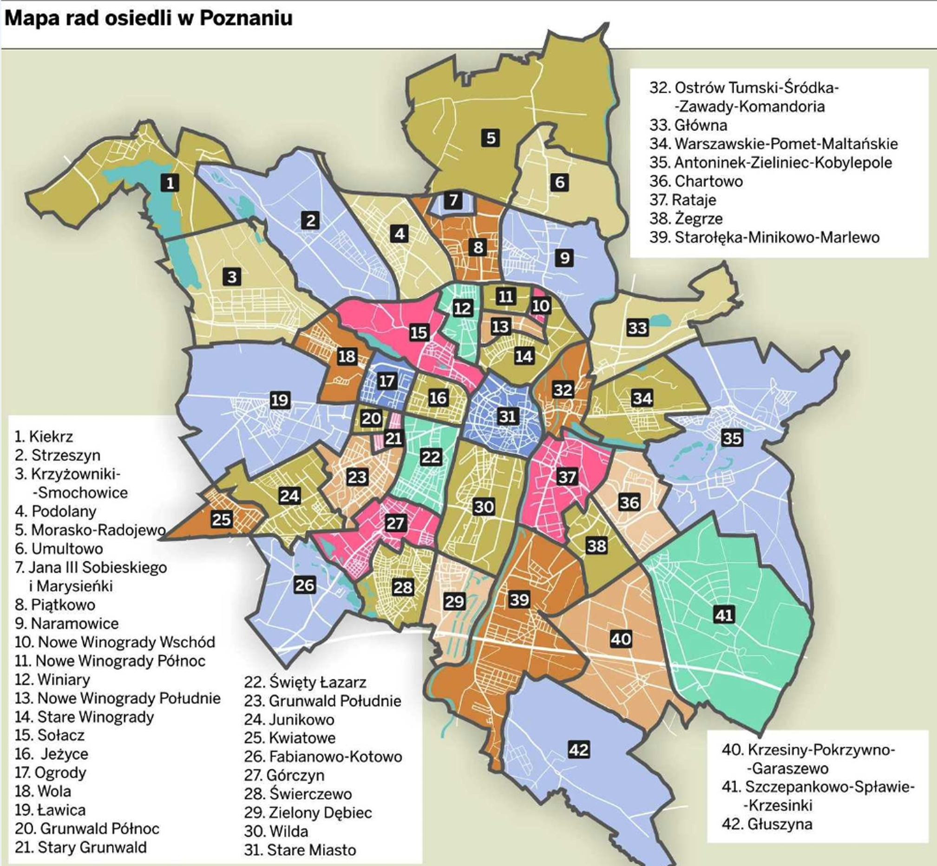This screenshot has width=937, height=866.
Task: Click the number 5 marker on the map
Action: (x=491, y=138)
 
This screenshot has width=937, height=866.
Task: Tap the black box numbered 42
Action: (x=578, y=749)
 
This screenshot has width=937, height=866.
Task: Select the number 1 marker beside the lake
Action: (x=170, y=182)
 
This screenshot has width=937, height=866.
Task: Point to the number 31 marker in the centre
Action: (x=507, y=416)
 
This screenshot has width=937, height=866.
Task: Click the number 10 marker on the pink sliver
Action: (x=541, y=306)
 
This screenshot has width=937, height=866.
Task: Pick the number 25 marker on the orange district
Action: (x=221, y=519)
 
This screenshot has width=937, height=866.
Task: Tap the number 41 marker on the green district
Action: (x=724, y=614)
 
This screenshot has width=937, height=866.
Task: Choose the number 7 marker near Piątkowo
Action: (x=453, y=201)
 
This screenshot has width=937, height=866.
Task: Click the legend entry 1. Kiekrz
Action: (x=44, y=437)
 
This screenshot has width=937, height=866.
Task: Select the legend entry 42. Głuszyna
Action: (x=767, y=824)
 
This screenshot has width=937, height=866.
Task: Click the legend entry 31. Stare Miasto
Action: (x=300, y=850)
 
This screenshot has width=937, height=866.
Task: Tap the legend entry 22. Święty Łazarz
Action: (x=305, y=682)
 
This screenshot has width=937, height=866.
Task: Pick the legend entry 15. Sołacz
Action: (x=50, y=735)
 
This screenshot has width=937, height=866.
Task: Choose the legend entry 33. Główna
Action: (x=688, y=125)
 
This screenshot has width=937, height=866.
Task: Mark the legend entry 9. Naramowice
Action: (x=66, y=623)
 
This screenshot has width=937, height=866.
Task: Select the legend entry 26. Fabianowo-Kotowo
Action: (x=323, y=757)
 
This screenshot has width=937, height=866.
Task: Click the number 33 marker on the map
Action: (x=637, y=328)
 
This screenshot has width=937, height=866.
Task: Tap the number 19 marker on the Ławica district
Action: (x=280, y=400)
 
